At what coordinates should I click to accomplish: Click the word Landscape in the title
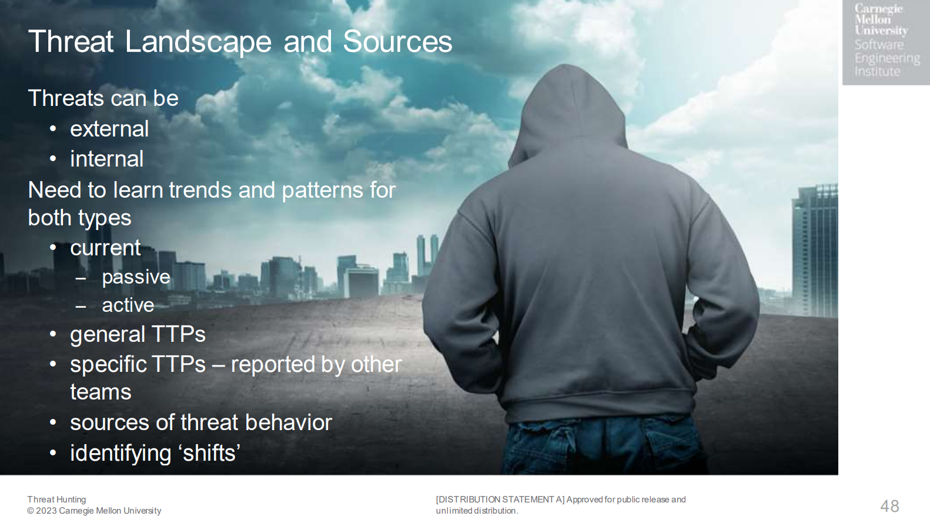pos(199,42)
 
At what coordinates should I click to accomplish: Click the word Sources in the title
pos(397,42)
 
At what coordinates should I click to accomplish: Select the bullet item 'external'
pos(109,129)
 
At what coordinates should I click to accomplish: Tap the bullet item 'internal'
pos(107,159)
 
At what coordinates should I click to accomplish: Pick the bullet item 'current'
pos(105,248)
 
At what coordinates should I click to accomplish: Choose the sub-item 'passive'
pos(136,278)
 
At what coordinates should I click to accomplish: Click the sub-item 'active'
pos(128,305)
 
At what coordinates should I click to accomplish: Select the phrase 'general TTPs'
pos(138,334)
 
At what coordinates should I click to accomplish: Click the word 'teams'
pos(101,392)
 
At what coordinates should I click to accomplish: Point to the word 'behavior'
pos(289,422)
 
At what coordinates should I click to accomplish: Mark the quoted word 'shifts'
pos(211,453)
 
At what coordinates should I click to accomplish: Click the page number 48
pos(889,506)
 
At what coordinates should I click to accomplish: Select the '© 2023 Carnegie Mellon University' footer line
pos(94,511)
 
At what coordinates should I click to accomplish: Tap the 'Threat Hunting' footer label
pos(56,500)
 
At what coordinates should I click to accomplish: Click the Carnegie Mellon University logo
pos(886,42)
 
